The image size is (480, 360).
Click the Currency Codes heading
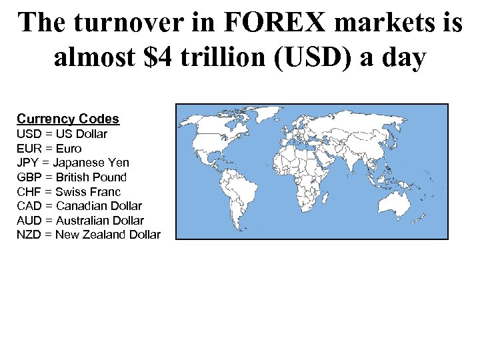(68, 119)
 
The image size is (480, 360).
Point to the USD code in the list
(28, 134)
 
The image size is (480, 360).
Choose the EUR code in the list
(28, 149)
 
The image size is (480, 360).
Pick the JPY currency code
(27, 163)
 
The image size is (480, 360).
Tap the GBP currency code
(28, 177)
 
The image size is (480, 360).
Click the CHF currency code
(28, 192)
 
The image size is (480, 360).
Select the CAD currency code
(28, 206)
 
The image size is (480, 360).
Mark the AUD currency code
(28, 221)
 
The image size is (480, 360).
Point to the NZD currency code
(28, 235)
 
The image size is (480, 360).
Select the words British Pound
(91, 177)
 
